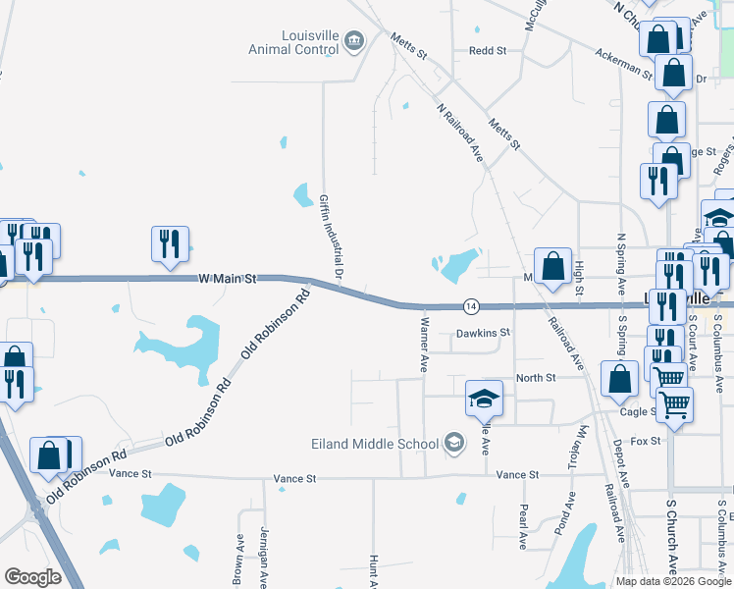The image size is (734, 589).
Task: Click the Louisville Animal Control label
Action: point(293,43)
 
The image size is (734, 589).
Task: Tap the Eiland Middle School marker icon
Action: point(453,444)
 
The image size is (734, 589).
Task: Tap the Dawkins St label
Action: point(483,333)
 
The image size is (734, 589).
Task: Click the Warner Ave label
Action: point(425,345)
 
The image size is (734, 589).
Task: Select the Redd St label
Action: point(487,50)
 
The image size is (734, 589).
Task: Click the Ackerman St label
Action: point(624,61)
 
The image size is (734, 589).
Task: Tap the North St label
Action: point(536,377)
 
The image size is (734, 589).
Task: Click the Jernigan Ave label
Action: point(264,558)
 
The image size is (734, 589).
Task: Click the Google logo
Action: point(33,577)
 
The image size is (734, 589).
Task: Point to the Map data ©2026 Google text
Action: point(674,581)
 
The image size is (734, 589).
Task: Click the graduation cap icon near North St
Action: point(484,398)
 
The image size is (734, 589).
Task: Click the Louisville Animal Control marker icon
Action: point(354,40)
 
